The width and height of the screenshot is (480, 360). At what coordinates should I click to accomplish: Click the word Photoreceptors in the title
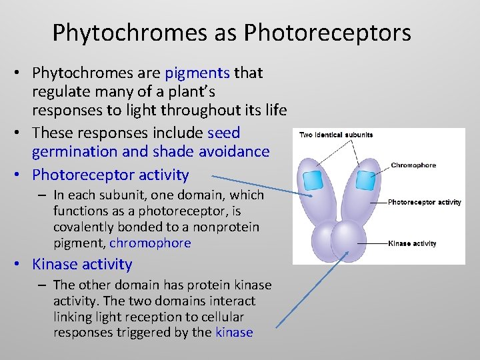327,32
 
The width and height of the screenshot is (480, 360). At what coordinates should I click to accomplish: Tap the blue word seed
224,133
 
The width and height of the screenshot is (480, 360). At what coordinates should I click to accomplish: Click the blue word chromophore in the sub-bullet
150,243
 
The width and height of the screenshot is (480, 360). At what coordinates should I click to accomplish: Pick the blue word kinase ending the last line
234,332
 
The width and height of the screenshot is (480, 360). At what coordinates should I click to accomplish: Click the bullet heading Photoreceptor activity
111,175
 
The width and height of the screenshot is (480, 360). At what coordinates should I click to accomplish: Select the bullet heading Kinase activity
82,264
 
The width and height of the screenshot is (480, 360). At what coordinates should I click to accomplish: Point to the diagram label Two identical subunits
336,135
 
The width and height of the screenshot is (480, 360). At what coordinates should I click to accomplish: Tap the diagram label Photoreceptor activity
424,202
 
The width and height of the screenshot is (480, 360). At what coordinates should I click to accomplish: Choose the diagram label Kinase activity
412,243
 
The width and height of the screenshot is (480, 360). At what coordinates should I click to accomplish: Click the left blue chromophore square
313,181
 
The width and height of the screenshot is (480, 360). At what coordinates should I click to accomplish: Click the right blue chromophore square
365,180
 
